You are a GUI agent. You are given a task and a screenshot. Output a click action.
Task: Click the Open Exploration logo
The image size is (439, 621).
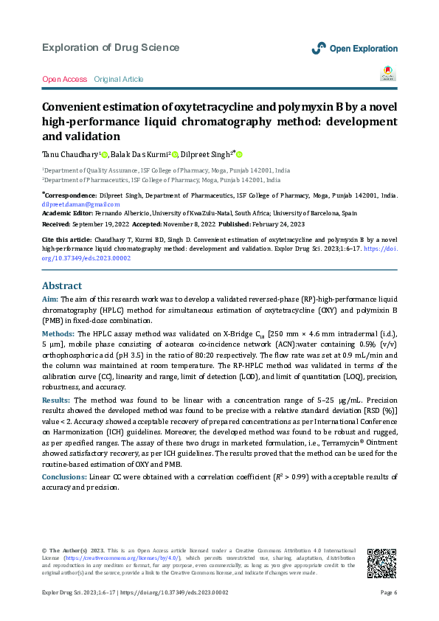(354, 49)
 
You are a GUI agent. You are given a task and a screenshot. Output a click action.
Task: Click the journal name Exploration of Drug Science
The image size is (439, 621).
(111, 48)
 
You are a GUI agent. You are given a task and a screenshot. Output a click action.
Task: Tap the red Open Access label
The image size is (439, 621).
(64, 79)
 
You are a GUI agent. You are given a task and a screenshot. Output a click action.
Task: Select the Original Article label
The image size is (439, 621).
(119, 79)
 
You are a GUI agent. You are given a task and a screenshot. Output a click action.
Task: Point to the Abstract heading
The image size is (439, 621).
(63, 285)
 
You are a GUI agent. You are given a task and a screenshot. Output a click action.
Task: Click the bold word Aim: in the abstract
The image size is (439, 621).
(50, 299)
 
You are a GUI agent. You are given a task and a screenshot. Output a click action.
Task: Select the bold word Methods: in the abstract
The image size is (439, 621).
(58, 333)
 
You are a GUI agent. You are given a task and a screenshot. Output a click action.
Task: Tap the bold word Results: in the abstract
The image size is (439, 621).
(56, 399)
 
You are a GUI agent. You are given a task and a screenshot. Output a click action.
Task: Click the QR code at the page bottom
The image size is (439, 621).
(381, 563)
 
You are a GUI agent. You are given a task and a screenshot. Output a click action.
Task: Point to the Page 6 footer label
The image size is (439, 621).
(389, 593)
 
